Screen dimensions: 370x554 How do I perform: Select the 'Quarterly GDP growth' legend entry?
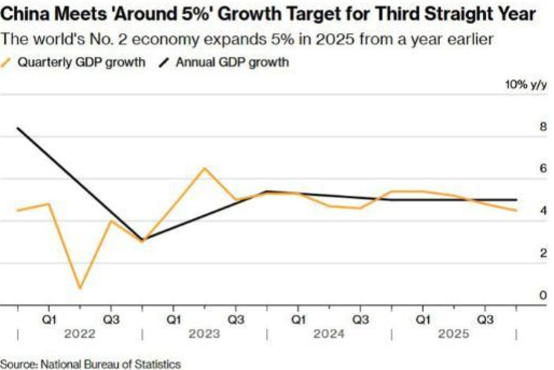click(x=81, y=62)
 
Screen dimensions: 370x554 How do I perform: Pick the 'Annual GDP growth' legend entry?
click(x=232, y=62)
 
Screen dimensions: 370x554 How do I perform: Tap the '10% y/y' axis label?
click(x=525, y=85)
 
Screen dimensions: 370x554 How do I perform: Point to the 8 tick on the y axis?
click(x=543, y=126)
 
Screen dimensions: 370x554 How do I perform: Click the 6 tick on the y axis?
click(x=543, y=168)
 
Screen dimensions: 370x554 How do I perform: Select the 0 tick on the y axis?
click(x=543, y=295)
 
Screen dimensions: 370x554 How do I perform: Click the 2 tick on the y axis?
click(x=543, y=253)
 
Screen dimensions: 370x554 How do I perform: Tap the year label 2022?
click(x=80, y=334)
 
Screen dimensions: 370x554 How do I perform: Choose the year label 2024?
click(x=329, y=334)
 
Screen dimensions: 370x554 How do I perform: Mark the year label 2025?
click(x=453, y=334)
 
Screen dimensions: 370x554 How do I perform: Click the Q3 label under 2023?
click(x=236, y=320)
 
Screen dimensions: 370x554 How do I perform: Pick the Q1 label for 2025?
click(x=423, y=320)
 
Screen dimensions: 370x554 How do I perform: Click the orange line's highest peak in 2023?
click(x=204, y=168)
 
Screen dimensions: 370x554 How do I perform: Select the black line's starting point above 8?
click(x=18, y=128)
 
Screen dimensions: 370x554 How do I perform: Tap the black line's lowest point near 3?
click(x=142, y=240)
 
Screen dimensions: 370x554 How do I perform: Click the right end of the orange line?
click(x=516, y=210)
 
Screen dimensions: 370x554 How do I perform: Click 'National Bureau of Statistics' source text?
click(x=110, y=364)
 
